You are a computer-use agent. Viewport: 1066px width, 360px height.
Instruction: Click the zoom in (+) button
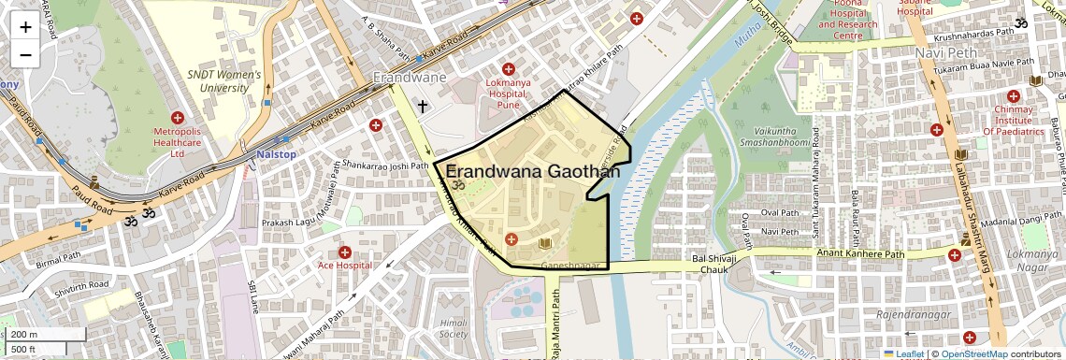pyautogui.click(x=25, y=27)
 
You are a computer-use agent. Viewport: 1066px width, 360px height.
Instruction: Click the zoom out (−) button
pyautogui.click(x=25, y=55)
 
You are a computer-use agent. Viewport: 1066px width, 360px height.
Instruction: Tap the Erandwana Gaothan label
pyautogui.click(x=533, y=171)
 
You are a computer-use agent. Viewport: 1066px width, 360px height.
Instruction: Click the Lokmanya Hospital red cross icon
pyautogui.click(x=509, y=69)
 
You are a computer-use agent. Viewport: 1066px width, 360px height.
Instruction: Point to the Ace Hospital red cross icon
pyautogui.click(x=345, y=252)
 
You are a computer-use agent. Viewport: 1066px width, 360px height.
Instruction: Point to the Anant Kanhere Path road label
pyautogui.click(x=860, y=253)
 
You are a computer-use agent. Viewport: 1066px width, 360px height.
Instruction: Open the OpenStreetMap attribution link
pyautogui.click(x=973, y=353)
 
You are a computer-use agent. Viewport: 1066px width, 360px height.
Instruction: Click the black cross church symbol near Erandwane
pyautogui.click(x=423, y=107)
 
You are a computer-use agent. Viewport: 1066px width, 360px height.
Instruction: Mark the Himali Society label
pyautogui.click(x=453, y=327)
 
